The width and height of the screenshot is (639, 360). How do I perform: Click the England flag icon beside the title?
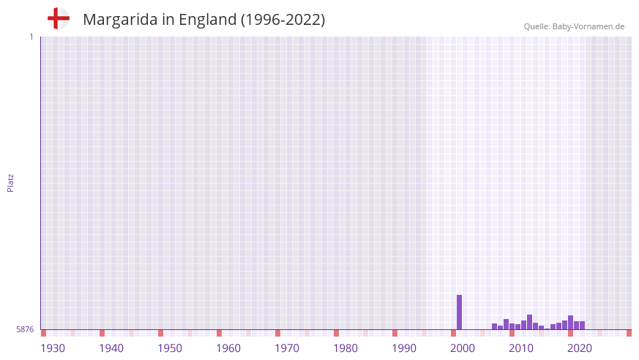click(58, 18)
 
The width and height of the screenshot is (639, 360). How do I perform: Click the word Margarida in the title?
click(118, 20)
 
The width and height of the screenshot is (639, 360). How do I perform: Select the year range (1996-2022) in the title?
click(283, 20)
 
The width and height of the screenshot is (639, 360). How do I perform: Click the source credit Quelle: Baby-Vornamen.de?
click(574, 26)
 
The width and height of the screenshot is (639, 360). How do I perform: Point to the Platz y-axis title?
click(10, 182)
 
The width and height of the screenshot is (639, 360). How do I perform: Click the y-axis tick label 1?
click(31, 37)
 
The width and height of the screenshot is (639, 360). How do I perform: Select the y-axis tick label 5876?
click(25, 329)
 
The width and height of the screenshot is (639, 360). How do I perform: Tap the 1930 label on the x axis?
click(53, 348)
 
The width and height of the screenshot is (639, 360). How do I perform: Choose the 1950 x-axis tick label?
click(170, 348)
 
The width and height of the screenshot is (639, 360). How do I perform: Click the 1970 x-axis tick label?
click(287, 348)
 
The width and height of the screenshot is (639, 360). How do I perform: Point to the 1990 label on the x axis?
click(404, 348)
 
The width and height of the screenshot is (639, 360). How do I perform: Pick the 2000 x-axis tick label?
click(463, 348)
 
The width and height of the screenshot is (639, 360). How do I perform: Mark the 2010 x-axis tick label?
click(521, 348)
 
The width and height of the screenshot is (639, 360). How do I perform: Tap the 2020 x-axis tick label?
click(580, 348)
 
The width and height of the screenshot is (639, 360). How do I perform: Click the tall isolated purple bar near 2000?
click(460, 312)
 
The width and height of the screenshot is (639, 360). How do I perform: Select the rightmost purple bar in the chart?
click(583, 326)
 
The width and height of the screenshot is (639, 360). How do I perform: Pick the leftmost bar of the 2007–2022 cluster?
click(495, 326)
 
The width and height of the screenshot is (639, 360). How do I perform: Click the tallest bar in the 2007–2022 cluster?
click(530, 322)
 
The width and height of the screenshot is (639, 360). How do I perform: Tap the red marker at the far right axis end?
click(629, 333)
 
